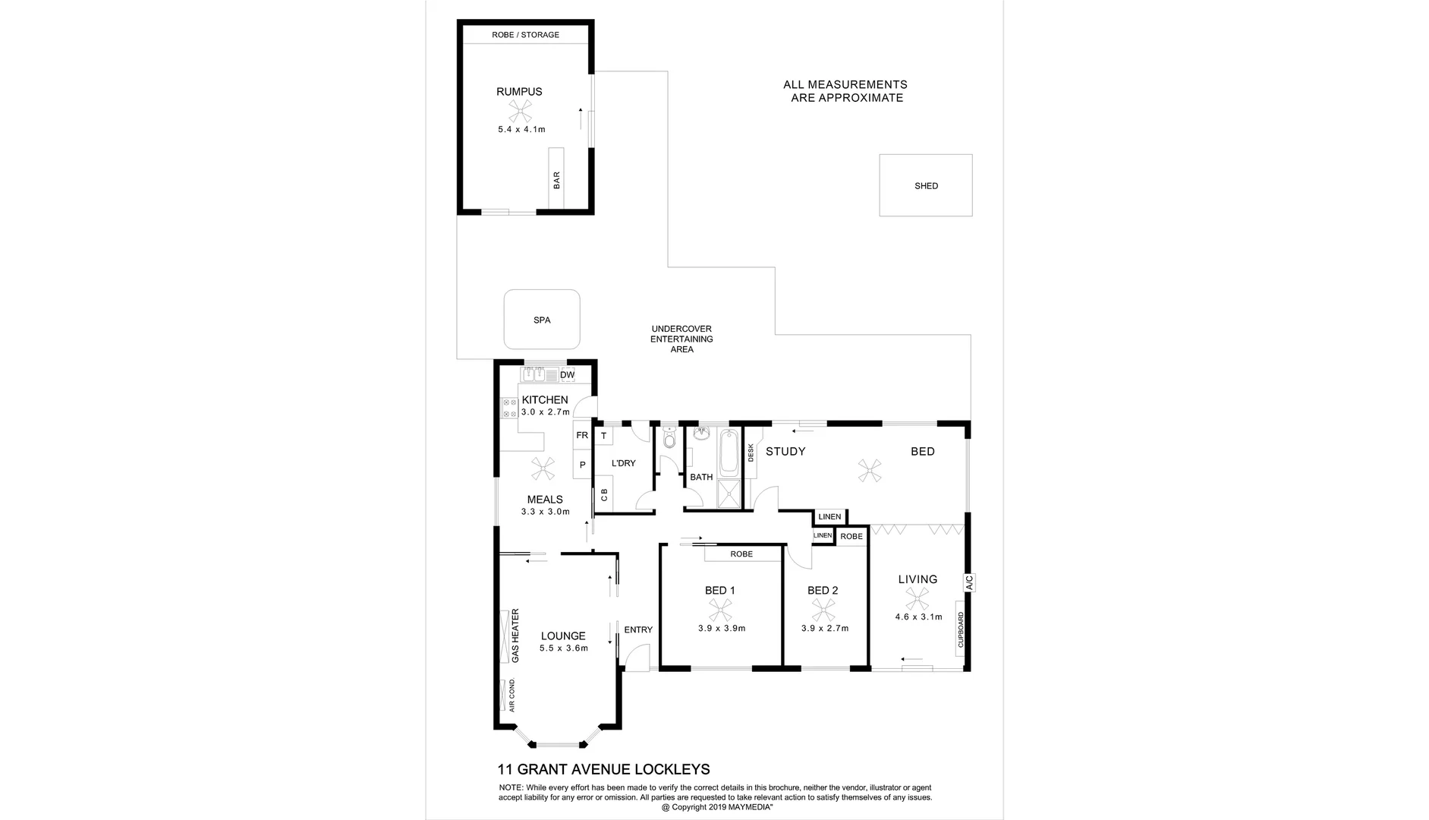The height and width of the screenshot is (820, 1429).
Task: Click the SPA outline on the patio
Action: [x=542, y=320]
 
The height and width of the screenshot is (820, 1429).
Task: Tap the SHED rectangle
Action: [x=926, y=185]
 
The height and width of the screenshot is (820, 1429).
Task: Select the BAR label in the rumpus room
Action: [x=556, y=180]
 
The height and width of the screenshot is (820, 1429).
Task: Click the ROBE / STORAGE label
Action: [x=525, y=35]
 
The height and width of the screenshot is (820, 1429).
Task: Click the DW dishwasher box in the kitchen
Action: [x=567, y=375]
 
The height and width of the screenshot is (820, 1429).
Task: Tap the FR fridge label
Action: [x=582, y=435]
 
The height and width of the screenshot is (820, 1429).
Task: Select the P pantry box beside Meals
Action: [x=582, y=465]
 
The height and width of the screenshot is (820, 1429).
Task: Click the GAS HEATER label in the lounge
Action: [x=515, y=635]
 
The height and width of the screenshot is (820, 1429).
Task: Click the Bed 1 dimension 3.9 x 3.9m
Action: [x=722, y=628]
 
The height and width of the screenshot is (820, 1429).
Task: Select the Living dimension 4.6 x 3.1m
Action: [x=918, y=617]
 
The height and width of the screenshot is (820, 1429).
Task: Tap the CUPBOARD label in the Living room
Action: [x=961, y=629]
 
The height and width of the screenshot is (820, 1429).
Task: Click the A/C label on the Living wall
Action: [x=969, y=582]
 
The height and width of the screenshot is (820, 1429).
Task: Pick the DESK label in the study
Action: [x=751, y=453]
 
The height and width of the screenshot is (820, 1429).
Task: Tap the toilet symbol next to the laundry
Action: [x=669, y=440]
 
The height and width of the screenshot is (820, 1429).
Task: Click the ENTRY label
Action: [x=638, y=629]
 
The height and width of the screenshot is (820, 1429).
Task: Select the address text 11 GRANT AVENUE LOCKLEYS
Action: [x=603, y=769]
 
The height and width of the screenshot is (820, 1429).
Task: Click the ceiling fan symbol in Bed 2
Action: [x=824, y=610]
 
